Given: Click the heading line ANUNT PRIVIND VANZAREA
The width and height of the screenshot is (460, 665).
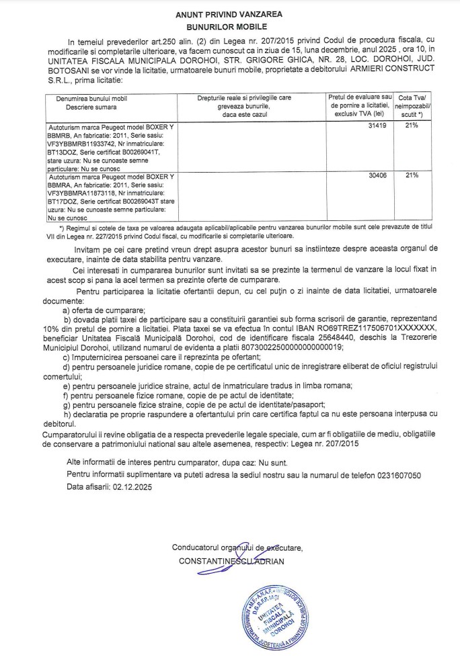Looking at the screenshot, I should tap(229, 13).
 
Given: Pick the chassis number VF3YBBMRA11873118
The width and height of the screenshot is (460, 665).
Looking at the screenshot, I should tap(78, 192).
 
